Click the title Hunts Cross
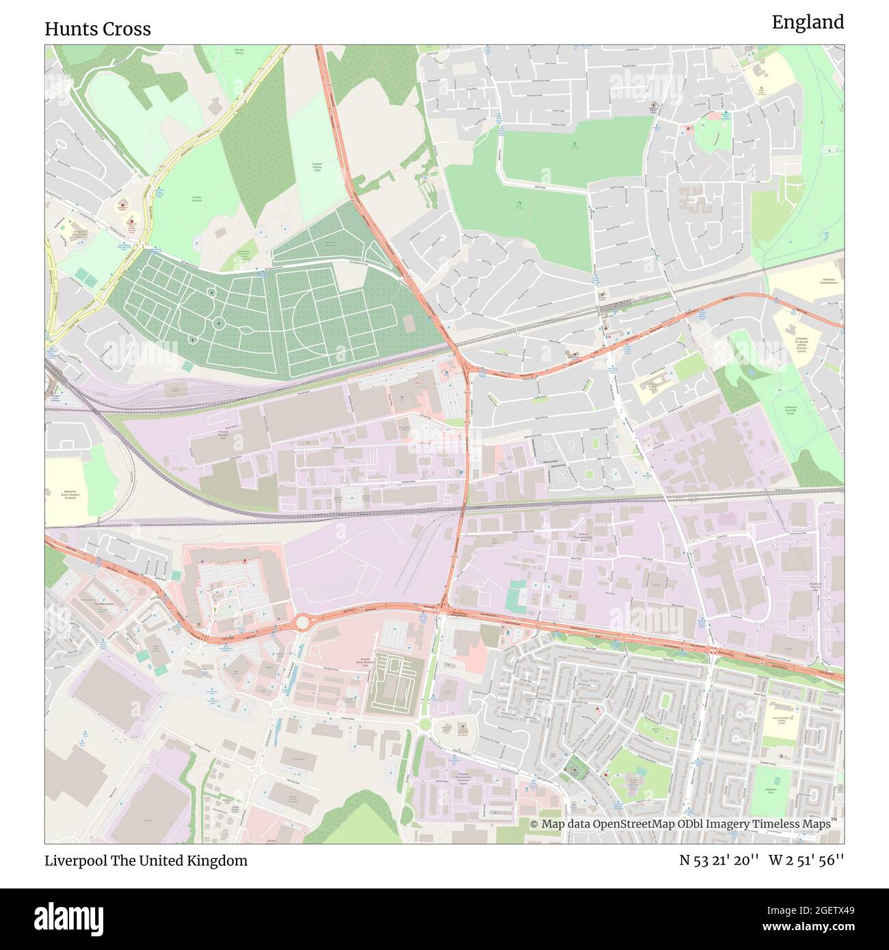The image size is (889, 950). tap(98, 29)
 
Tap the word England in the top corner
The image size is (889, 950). tap(808, 23)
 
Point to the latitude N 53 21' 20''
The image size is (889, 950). tap(719, 860)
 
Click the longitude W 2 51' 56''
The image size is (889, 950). tap(806, 860)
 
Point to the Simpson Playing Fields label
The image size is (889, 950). tap(317, 167)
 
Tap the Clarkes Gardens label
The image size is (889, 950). tap(196, 199)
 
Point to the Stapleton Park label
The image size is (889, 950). tap(775, 793)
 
